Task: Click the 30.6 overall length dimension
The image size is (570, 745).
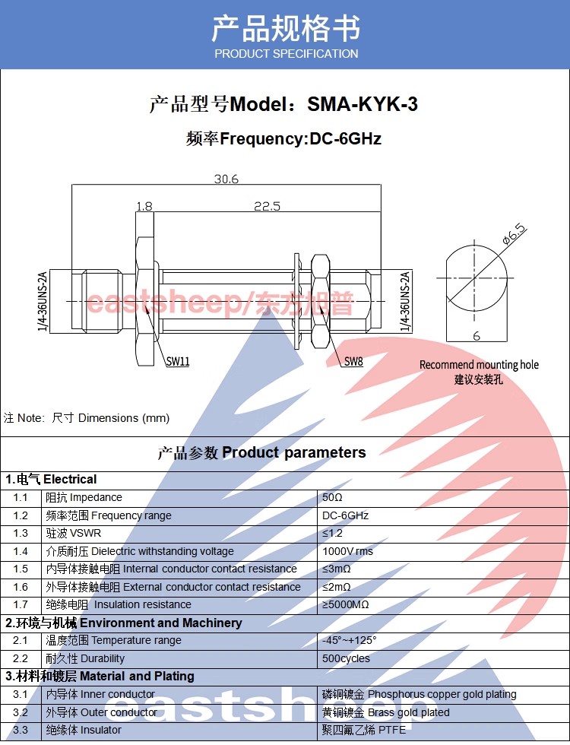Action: tap(226, 179)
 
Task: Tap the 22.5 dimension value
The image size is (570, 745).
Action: tap(267, 206)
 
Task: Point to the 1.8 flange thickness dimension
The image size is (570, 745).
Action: tap(144, 206)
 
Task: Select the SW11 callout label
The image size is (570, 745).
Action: tap(178, 362)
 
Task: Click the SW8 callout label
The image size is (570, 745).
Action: tap(353, 362)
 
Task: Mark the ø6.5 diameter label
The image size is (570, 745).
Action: tap(515, 234)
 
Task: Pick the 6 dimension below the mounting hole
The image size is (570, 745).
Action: tap(477, 336)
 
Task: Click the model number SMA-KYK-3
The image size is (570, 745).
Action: tap(363, 104)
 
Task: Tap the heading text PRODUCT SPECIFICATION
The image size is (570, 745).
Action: tap(287, 54)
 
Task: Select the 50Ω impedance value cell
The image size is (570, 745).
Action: tap(332, 497)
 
